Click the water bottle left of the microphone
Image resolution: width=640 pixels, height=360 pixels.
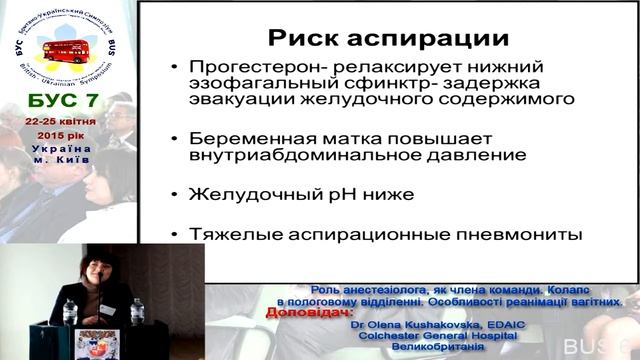(x=70, y=313)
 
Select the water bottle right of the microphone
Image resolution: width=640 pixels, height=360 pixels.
(x=137, y=312)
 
